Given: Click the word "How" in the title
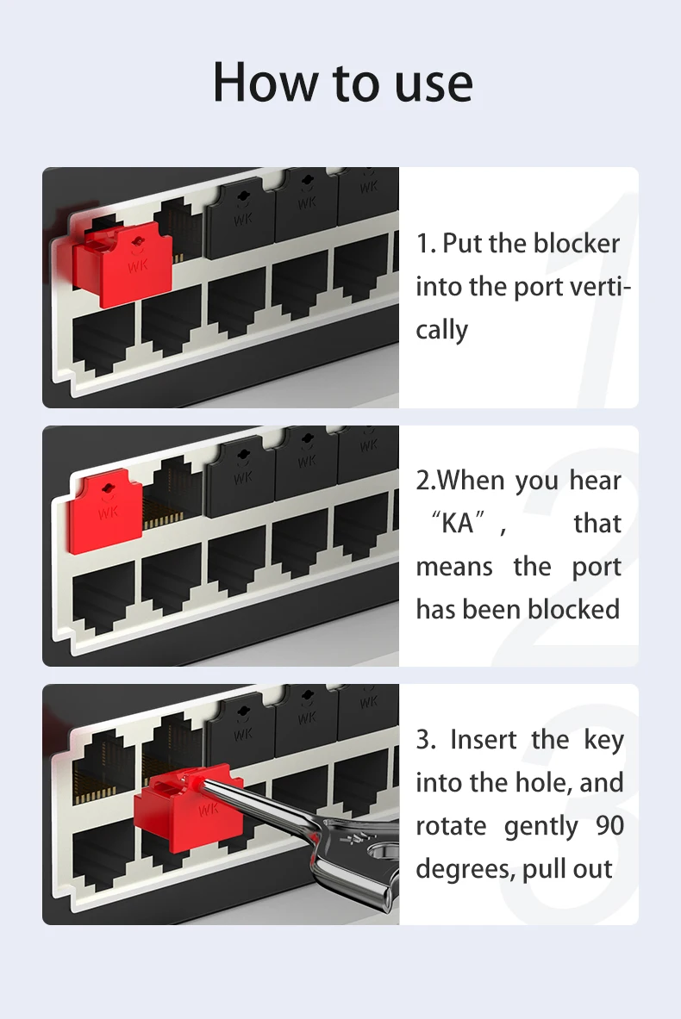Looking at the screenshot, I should click(265, 84).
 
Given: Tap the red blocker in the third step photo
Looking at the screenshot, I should click(183, 809).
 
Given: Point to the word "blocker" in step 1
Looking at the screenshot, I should click(576, 244).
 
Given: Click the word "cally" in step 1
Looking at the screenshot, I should click(441, 330).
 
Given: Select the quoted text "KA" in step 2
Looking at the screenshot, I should click(458, 524).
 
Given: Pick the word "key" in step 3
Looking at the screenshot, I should click(603, 740).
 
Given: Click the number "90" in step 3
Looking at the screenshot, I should click(609, 826).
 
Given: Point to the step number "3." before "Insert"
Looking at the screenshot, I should click(427, 740).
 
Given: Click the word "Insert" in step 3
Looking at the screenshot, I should click(484, 740).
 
